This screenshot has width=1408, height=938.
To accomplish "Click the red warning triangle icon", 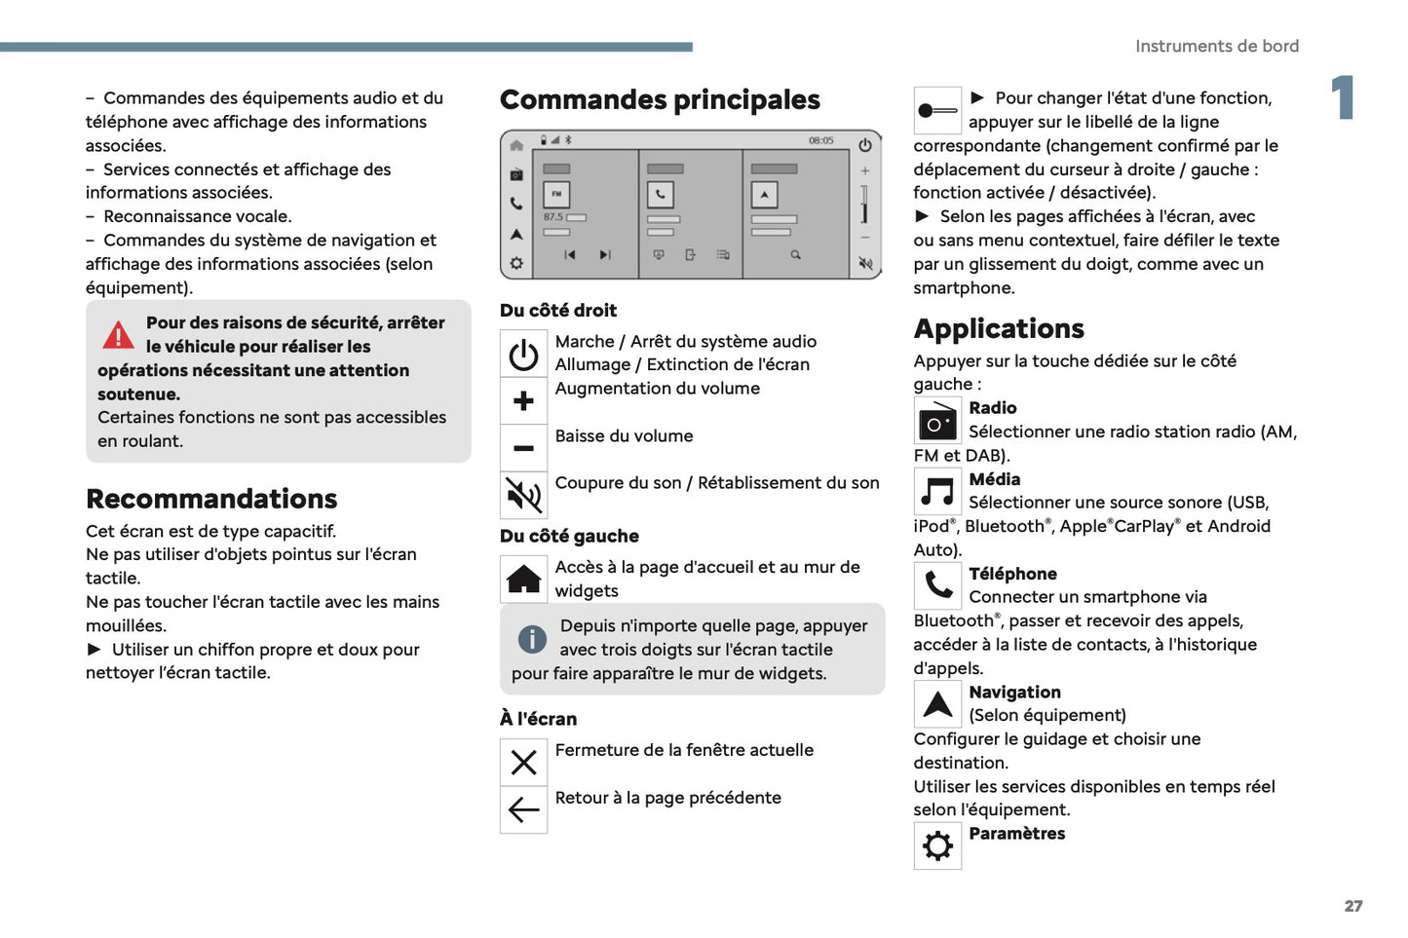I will [118, 335].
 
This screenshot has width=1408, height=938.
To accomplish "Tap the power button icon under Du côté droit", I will [523, 355].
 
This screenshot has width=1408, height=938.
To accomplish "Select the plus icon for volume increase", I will [523, 400].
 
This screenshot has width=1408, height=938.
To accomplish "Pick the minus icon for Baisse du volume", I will [523, 448].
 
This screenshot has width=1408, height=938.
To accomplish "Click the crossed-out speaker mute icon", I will [523, 496].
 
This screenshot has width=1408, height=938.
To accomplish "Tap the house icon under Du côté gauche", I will [523, 580].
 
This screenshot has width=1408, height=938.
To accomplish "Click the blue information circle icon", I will [532, 639].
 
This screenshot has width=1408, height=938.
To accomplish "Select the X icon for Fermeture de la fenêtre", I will [523, 763].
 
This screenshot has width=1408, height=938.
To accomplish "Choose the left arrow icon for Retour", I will [523, 809].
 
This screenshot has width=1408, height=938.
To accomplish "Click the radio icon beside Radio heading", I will [937, 422].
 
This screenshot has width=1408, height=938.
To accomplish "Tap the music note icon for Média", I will [937, 492].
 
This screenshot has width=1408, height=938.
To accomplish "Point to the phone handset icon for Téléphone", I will [937, 585].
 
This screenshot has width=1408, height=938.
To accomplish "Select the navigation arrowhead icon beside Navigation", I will [937, 704].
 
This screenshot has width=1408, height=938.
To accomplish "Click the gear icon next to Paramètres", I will [937, 845].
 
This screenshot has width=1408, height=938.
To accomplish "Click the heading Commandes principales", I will [660, 100].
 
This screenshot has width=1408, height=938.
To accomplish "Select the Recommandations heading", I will [211, 499].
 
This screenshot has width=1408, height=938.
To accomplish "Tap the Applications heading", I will [999, 329].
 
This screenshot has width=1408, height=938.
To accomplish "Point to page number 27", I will [1353, 906].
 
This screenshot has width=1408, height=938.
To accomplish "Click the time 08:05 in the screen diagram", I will [820, 140].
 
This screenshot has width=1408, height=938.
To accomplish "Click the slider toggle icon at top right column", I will [937, 111].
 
